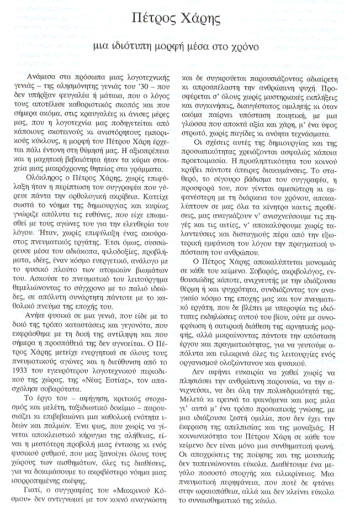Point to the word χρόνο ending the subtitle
coord(240,47)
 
